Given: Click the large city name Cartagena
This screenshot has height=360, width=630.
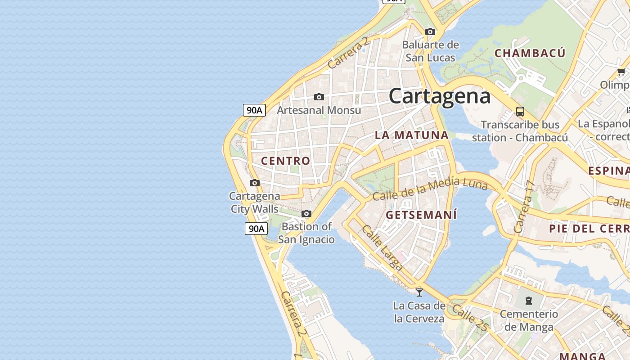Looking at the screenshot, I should pos(439,96).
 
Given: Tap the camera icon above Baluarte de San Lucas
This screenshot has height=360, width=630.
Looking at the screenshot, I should pos(430,31).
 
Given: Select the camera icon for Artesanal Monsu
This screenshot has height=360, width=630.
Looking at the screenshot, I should pos(319,97).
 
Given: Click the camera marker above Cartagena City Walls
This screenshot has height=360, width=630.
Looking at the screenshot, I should pos(255,183).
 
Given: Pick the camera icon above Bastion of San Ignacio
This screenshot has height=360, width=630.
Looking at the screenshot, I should pos(306,213).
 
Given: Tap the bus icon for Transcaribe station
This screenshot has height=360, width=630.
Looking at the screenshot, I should pos(520,111).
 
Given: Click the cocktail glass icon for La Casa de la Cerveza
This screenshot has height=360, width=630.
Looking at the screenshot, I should pos(419,292).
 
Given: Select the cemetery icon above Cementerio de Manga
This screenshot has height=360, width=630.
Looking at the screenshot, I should pos(529,300).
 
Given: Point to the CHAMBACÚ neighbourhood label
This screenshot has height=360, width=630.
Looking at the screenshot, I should pos(530,53).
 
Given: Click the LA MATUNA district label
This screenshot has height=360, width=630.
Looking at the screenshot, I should pos(412,135).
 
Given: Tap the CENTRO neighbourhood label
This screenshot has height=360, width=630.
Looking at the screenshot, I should pos(286,161).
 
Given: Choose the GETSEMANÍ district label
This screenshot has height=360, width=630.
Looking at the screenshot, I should pos(421,215).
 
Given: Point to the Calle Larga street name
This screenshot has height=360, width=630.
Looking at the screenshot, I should pos(382,247).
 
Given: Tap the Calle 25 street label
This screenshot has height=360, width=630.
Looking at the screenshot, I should pos(469,318).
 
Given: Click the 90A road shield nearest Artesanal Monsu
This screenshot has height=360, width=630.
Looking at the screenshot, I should pos(254,110).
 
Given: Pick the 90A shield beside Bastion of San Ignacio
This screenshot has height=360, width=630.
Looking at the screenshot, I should pos(256,229).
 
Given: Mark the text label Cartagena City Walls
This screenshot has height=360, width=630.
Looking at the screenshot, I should pos(255,202).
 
